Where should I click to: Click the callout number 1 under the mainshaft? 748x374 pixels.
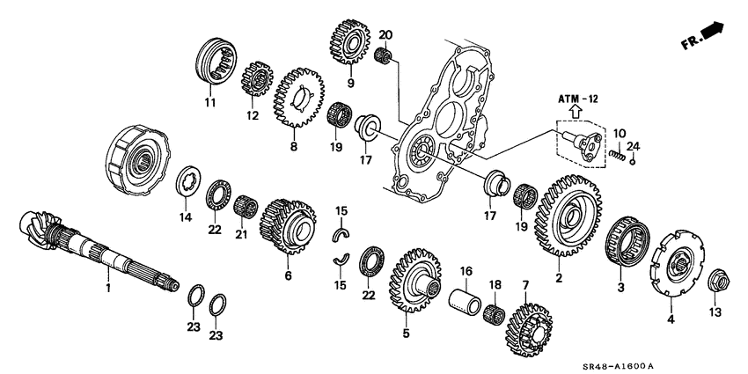(x=109, y=288)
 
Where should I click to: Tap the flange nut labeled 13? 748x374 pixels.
(x=715, y=281)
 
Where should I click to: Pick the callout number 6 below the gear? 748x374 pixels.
(x=287, y=275)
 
